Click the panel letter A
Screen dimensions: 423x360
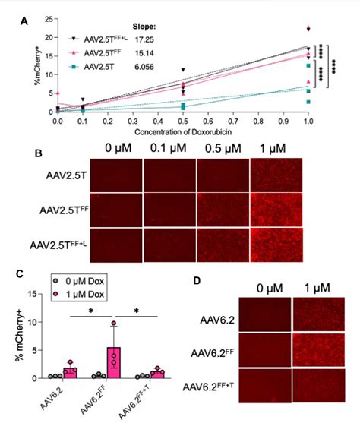tap(24, 23)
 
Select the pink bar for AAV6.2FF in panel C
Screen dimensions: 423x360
tap(113, 358)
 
